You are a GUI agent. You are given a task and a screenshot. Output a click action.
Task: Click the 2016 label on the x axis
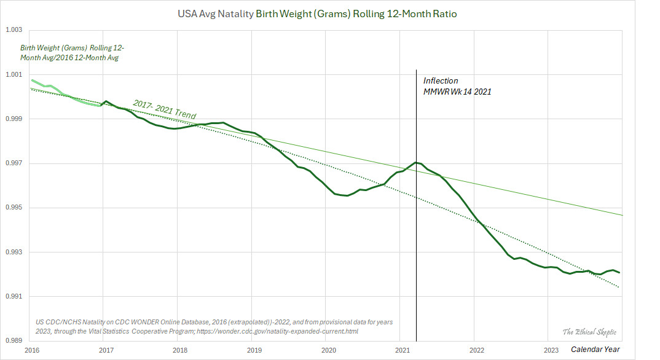32,350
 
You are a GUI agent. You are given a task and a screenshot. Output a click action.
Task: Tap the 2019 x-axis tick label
254,350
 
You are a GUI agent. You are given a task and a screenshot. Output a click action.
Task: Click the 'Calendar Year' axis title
595,350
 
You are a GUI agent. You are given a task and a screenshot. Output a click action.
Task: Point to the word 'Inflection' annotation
441,80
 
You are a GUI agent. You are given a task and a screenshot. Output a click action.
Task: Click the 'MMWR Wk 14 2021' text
457,92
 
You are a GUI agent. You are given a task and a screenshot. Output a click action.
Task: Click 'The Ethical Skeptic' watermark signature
589,332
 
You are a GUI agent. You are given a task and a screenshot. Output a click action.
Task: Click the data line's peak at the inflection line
416,162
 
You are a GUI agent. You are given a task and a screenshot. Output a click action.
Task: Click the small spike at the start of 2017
106,101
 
